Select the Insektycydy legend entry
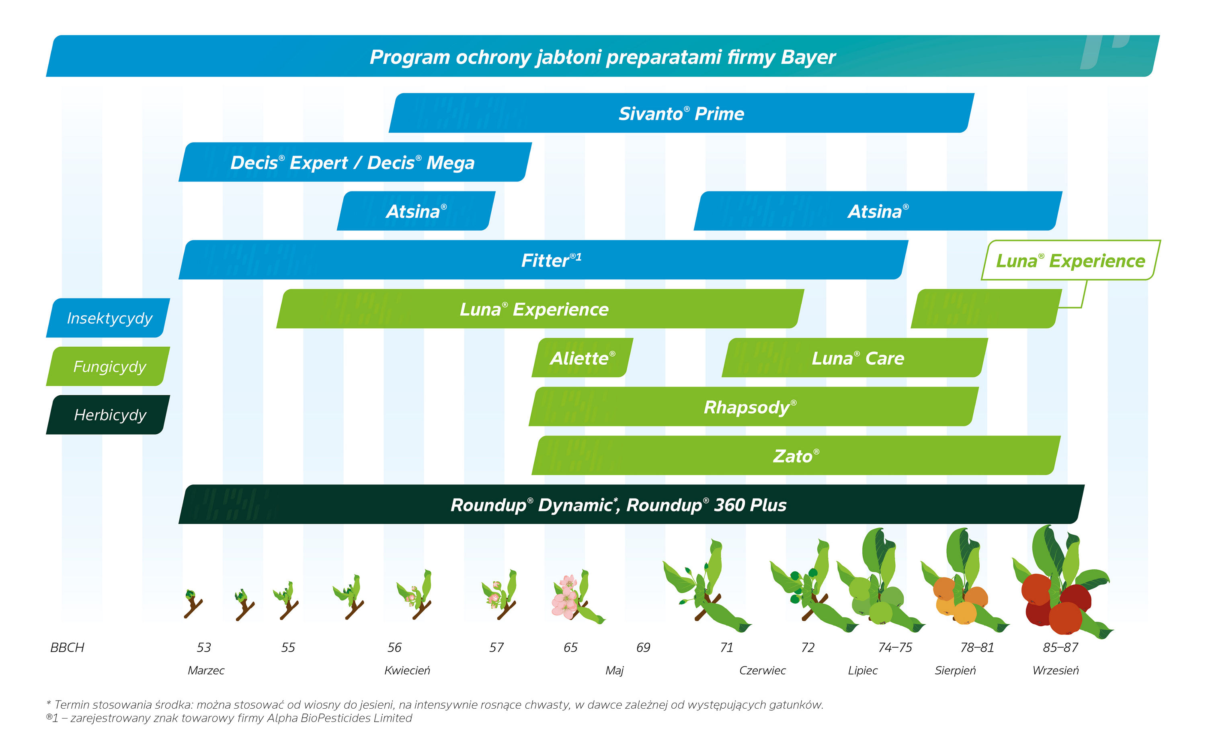tap(109, 318)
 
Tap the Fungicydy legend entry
tap(109, 367)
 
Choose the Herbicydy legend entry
tap(109, 415)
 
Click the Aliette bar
tap(582, 358)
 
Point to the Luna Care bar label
tap(857, 358)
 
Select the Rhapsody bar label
tap(749, 407)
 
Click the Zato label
tap(796, 456)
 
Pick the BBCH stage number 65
tap(570, 648)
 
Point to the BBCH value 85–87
tap(1060, 648)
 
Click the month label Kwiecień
tap(407, 670)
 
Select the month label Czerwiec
tap(762, 670)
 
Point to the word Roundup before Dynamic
tap(488, 505)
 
